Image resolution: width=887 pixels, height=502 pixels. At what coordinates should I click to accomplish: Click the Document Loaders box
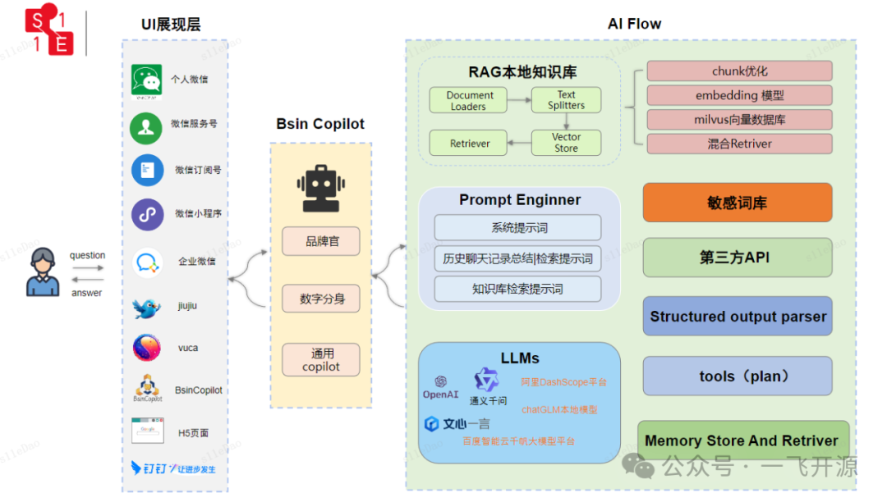pos(469,101)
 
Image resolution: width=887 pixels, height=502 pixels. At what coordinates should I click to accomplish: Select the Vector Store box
pos(566,143)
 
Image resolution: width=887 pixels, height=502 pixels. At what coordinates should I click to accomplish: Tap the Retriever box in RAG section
pos(469,144)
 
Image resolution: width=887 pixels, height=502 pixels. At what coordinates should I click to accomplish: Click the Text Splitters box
pos(566,100)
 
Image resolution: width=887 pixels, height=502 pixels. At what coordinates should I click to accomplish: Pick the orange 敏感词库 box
pos(737,203)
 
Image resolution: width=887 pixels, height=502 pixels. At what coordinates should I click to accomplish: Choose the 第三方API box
pos(737,258)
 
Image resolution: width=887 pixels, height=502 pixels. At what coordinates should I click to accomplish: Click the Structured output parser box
pos(737,317)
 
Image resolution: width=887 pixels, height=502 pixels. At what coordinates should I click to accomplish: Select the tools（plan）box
pos(737,376)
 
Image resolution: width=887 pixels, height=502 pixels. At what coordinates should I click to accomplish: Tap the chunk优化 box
pos(739,71)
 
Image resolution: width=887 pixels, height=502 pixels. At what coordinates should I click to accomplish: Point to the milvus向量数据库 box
pos(739,120)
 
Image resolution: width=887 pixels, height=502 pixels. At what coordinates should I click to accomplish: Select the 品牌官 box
pos(321,242)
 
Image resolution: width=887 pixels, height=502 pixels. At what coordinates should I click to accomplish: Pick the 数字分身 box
pos(321,299)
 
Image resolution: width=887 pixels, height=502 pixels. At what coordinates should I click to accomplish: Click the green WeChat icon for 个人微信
pos(146,80)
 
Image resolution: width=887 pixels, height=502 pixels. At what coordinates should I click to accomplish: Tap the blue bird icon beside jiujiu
pos(146,308)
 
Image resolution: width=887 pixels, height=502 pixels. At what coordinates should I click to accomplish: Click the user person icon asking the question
pos(43,272)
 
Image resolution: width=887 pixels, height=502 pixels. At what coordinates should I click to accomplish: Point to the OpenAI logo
pos(440,386)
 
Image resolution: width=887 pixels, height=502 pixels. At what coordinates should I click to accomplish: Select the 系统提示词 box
pos(517,228)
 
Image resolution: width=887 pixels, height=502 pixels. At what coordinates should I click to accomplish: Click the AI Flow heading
pos(634,24)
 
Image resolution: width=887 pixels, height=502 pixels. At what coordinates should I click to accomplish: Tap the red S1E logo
pos(49,32)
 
